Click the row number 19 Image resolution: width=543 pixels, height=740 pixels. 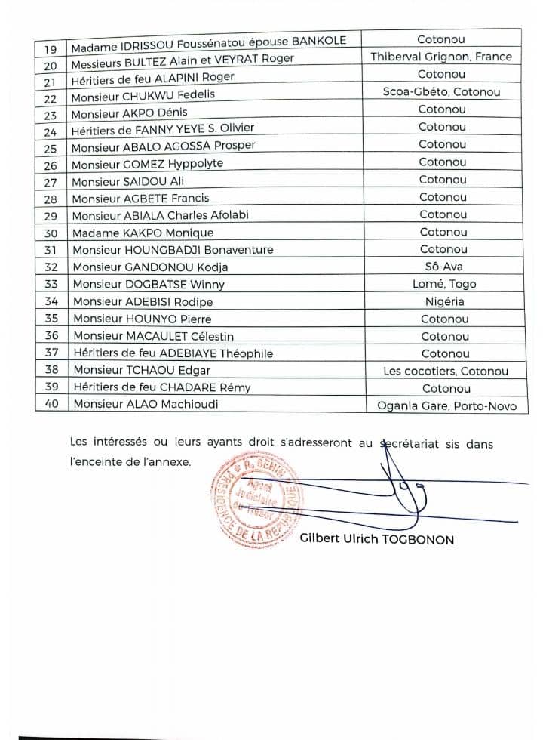[x=51, y=40]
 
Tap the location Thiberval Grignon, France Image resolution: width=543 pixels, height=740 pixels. [x=441, y=57]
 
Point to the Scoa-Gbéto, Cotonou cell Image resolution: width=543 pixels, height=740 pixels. [x=441, y=92]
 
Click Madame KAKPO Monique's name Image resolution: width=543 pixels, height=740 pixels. [x=143, y=233]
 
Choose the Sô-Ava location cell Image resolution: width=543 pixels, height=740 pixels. [x=442, y=267]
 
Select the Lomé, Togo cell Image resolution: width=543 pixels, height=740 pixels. [x=442, y=284]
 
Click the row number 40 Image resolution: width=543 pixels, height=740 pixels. [x=51, y=404]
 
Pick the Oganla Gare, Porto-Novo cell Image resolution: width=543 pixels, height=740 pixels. [x=446, y=405]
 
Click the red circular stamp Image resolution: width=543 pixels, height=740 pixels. [x=255, y=503]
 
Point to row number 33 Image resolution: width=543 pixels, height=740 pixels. [x=51, y=284]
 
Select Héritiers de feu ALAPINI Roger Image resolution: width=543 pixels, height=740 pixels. [x=153, y=76]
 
